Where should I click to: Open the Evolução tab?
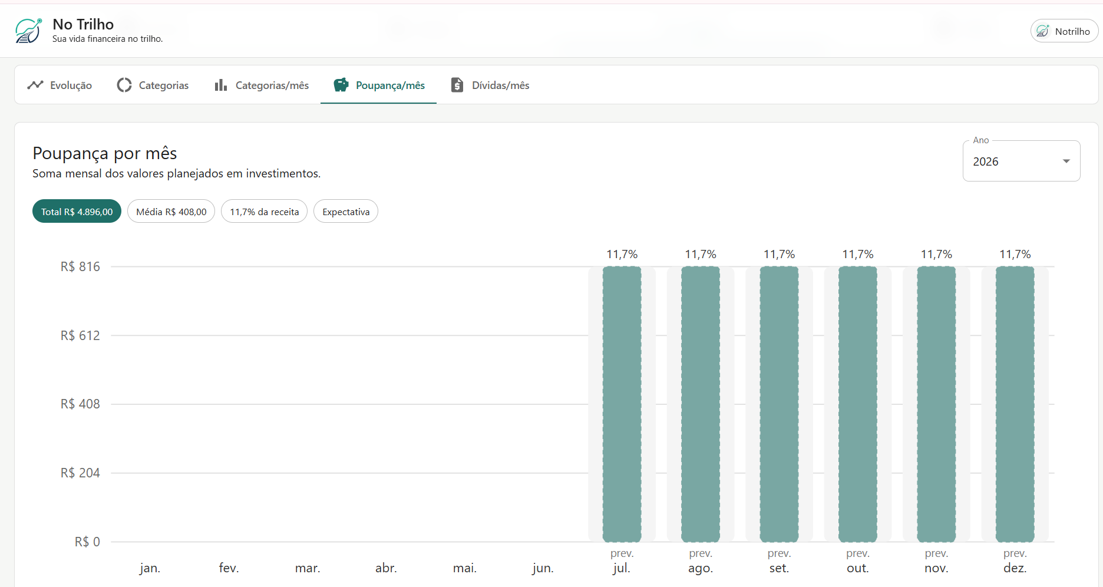pyautogui.click(x=60, y=85)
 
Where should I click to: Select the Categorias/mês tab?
pyautogui.click(x=262, y=85)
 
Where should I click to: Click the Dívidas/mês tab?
pyautogui.click(x=490, y=85)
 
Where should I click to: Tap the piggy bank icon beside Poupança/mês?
pyautogui.click(x=341, y=85)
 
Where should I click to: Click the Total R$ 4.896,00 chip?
pyautogui.click(x=77, y=212)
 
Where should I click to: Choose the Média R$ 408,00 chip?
pyautogui.click(x=171, y=212)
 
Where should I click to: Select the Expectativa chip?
pyautogui.click(x=346, y=212)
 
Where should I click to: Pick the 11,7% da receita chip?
pyautogui.click(x=264, y=212)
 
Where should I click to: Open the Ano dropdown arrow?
pyautogui.click(x=1066, y=161)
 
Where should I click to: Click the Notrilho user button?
pyautogui.click(x=1064, y=31)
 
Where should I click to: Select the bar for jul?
pyautogui.click(x=622, y=404)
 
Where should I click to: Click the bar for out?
pyautogui.click(x=857, y=404)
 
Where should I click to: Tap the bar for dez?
pyautogui.click(x=1015, y=404)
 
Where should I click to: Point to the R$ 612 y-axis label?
pyautogui.click(x=80, y=335)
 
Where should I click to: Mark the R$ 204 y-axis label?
pyautogui.click(x=80, y=473)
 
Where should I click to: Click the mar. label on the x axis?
pyautogui.click(x=308, y=568)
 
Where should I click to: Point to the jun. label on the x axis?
pyautogui.click(x=543, y=568)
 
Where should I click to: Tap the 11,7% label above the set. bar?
pyautogui.click(x=779, y=254)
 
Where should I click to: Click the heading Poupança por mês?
pyautogui.click(x=105, y=153)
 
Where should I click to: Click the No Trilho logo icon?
pyautogui.click(x=28, y=31)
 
